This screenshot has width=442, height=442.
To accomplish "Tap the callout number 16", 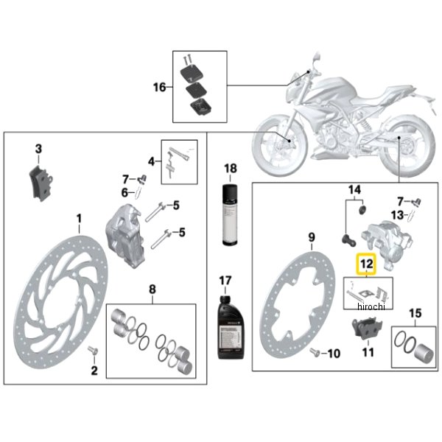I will click(x=160, y=88).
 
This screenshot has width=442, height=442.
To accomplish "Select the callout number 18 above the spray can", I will click(x=231, y=169).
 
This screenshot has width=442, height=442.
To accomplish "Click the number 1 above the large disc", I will click(x=79, y=218).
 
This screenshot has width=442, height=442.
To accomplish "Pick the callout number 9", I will click(x=311, y=237).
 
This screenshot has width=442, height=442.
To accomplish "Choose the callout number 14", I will click(x=354, y=189).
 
